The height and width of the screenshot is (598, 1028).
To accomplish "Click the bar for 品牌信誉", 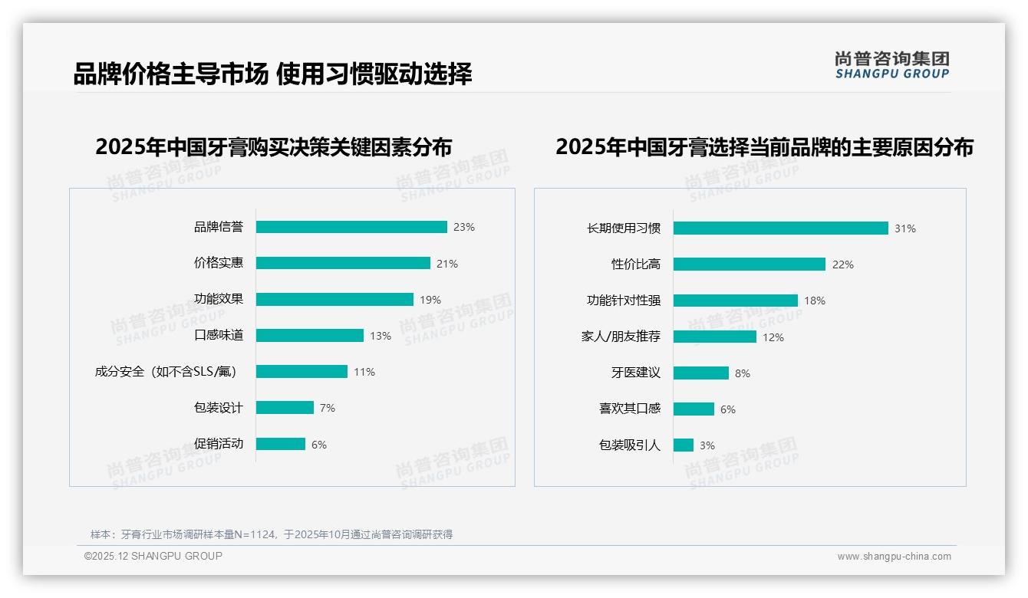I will click(351, 227).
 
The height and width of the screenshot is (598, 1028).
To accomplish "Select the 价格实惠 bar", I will click(343, 263).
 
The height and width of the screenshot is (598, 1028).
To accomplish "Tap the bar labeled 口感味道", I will click(309, 336).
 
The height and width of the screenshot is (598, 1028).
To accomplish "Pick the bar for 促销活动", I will click(281, 444).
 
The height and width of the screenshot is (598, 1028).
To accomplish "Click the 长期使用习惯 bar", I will click(780, 228).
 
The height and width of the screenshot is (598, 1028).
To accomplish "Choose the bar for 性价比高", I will click(749, 264).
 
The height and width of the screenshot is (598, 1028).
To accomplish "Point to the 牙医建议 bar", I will click(700, 373).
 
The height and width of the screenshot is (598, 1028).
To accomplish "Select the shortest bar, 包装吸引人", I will click(684, 445).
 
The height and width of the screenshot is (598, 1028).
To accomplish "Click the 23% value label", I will click(464, 227).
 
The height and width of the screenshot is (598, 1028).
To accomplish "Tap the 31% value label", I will click(905, 228).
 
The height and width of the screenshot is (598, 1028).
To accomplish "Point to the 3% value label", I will click(707, 445).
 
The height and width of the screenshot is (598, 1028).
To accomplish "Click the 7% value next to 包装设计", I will click(328, 408).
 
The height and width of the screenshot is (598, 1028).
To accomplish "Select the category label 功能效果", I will click(219, 299).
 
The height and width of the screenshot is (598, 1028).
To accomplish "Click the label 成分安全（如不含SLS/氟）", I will click(166, 372).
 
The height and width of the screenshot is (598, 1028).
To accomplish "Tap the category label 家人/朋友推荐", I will click(621, 337).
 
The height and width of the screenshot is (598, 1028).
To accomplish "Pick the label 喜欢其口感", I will click(630, 409).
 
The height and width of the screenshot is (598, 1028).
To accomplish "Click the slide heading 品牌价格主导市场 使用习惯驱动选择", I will click(272, 74).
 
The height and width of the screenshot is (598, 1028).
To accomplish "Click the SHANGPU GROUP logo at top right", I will click(892, 65).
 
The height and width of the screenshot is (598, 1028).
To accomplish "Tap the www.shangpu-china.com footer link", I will click(894, 557).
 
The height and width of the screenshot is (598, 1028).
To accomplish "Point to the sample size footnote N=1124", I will click(272, 534).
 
